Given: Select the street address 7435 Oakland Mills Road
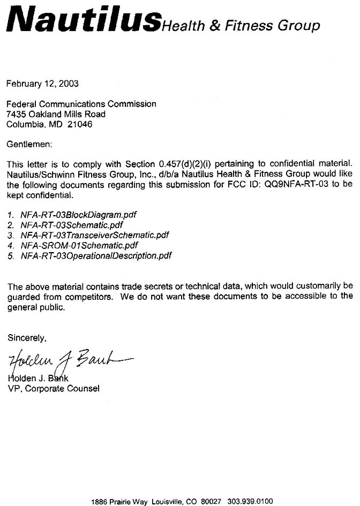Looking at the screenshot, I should tap(56, 114).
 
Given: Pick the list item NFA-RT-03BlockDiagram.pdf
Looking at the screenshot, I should tap(79, 215).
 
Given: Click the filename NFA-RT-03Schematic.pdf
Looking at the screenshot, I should tap(72, 225).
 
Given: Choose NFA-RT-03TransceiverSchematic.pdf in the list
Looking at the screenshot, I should tap(95, 235).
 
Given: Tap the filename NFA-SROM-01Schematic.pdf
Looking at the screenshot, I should tap(79, 245).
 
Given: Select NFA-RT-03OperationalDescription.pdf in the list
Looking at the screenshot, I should tap(96, 255).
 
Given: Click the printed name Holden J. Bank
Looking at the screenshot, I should tap(42, 379).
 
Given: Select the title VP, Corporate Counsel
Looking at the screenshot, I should tap(53, 389).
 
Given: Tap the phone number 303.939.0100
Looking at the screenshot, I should tap(250, 501).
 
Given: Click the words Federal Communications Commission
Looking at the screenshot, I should tap(81, 104).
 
